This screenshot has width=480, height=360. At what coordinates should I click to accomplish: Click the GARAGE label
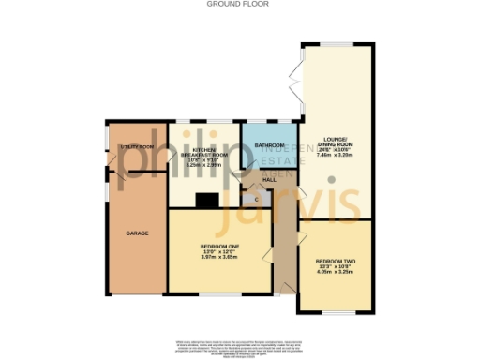coord(139,232)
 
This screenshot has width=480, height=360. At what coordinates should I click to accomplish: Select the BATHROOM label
coord(270,145)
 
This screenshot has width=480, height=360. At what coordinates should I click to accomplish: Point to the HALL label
coord(267,177)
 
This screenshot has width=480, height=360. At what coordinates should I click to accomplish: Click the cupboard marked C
coord(257,198)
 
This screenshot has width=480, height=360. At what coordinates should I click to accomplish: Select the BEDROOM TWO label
coord(334,261)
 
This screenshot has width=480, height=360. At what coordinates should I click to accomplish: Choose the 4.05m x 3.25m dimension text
coord(334,272)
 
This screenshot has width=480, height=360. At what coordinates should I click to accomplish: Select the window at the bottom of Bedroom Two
coord(335,312)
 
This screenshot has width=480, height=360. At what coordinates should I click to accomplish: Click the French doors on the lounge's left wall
coord(300,85)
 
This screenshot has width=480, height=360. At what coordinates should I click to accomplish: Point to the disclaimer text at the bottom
coord(240,348)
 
